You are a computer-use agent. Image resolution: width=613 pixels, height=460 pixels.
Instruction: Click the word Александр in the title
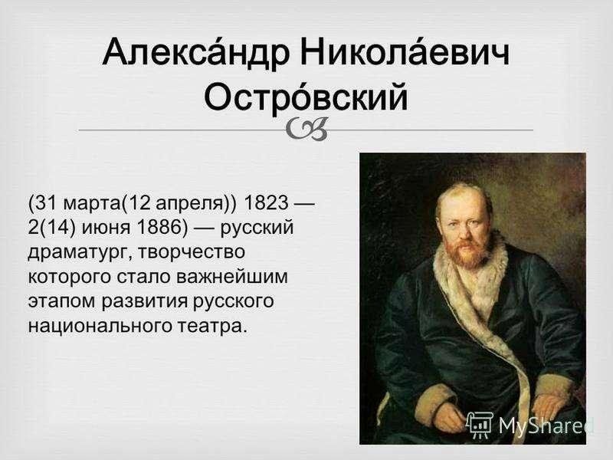point(196,53)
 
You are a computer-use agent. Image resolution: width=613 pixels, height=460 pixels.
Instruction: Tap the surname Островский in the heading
point(306,96)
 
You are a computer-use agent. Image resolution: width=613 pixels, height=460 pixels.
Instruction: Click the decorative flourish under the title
point(306,129)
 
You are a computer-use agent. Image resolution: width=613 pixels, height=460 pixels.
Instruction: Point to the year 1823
point(266,202)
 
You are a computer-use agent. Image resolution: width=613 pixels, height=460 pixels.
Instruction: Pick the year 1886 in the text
point(162,228)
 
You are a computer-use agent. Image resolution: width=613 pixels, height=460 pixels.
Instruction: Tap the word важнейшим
point(232,277)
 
